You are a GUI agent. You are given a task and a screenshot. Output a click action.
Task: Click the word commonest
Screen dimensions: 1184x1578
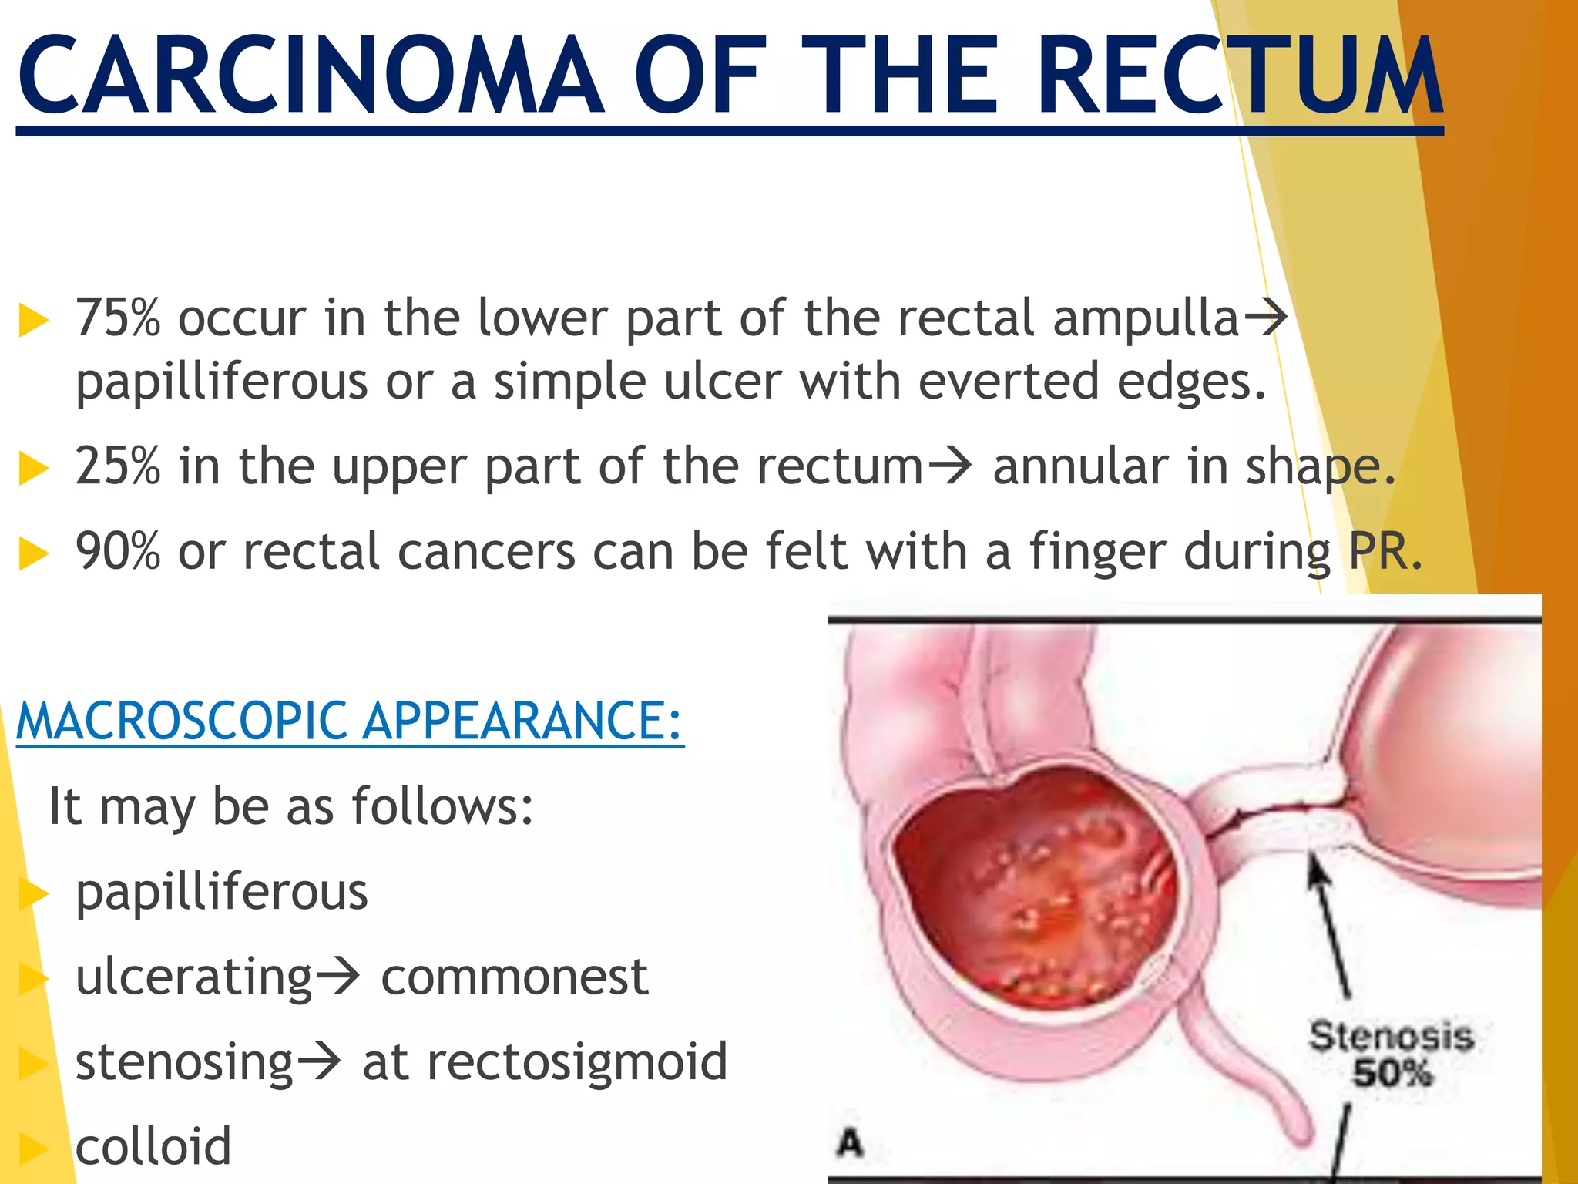pyautogui.click(x=515, y=977)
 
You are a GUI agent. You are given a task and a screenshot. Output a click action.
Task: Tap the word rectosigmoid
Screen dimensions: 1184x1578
pyautogui.click(x=545, y=1062)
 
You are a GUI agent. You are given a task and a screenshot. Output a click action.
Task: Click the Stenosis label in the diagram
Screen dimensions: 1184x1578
pyautogui.click(x=1391, y=1037)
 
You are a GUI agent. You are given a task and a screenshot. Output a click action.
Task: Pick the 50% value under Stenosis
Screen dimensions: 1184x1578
pyautogui.click(x=1392, y=1073)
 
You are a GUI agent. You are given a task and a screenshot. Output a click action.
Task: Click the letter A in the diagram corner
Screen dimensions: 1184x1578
pyautogui.click(x=850, y=1142)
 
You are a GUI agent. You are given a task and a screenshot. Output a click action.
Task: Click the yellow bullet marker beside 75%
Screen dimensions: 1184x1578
pyautogui.click(x=33, y=320)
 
